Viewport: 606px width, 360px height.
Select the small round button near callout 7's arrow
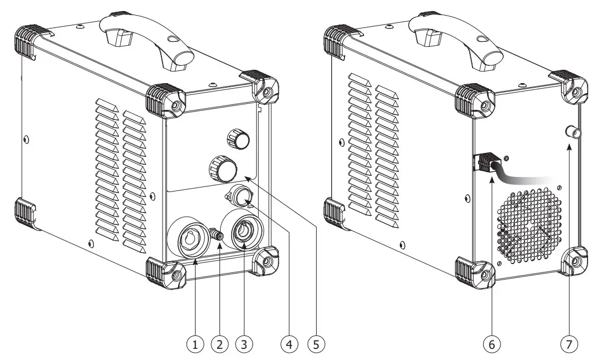coord(571,133)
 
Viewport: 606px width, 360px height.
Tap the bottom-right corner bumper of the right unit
coord(574,262)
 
